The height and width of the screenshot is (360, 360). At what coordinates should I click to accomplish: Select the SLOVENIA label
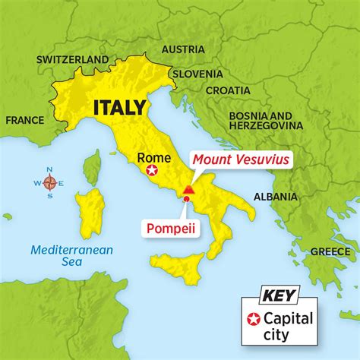coord(197,74)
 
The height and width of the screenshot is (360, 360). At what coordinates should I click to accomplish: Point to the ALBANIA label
coord(274,196)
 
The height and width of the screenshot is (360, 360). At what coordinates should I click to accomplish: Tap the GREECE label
coord(330,251)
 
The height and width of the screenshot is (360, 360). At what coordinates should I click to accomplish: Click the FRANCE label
coord(24,119)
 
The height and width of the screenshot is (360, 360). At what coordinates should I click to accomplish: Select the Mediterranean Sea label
coord(62,256)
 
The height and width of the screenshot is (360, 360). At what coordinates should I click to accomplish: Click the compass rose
coord(49,182)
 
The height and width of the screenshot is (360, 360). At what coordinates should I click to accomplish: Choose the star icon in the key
coord(254,320)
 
